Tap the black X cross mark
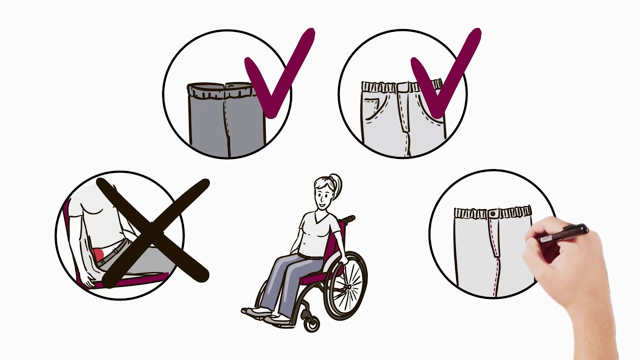152,232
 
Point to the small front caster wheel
312,323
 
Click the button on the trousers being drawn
493,214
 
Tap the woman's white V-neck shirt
315,232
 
